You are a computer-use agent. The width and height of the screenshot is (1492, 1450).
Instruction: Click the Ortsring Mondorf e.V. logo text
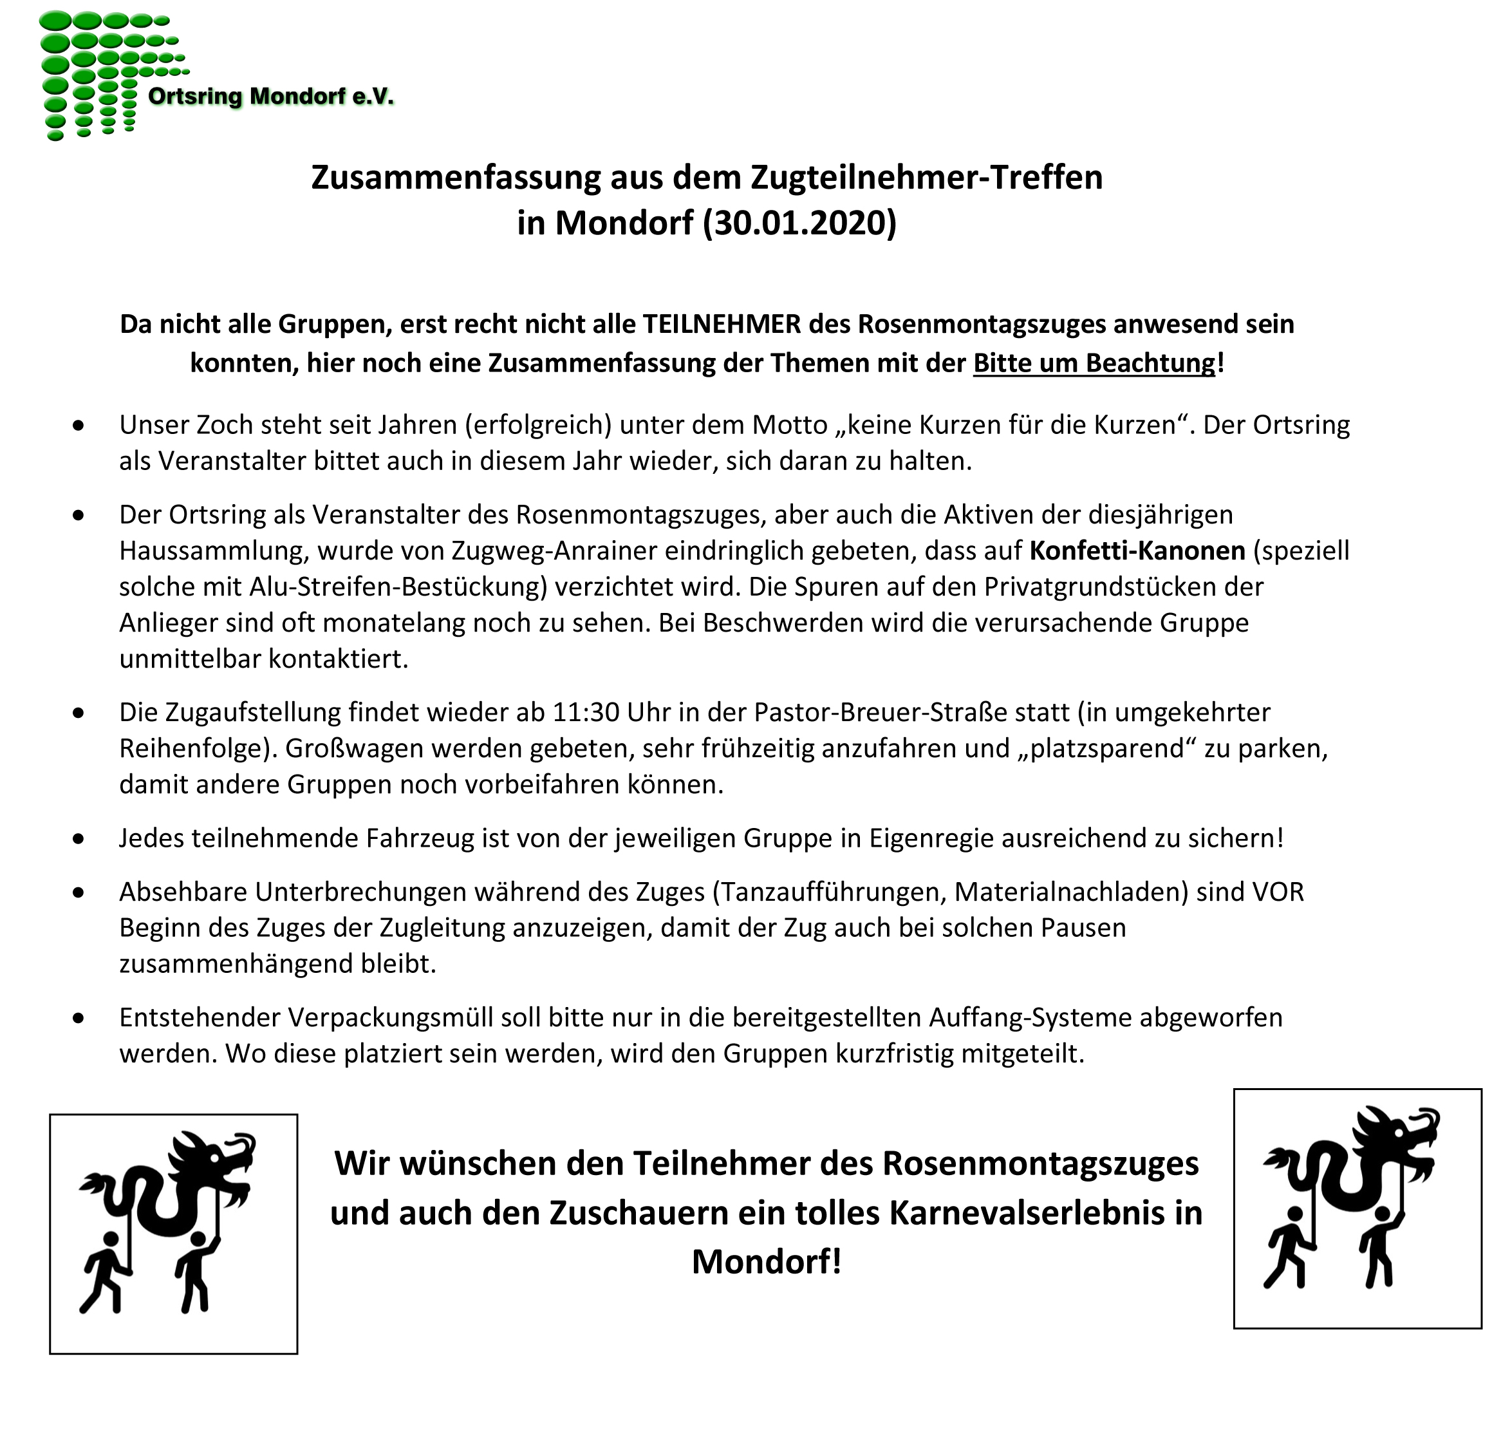(x=271, y=97)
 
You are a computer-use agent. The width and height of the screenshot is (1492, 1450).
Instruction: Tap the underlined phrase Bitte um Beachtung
(x=1094, y=362)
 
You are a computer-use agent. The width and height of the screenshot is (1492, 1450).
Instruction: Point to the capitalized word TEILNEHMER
(x=722, y=325)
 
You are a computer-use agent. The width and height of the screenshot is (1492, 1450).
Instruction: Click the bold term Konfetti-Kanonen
(x=1137, y=551)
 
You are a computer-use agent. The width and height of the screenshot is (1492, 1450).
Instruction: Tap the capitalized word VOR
(x=1278, y=892)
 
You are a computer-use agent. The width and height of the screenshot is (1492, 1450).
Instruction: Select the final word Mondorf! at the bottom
(x=767, y=1262)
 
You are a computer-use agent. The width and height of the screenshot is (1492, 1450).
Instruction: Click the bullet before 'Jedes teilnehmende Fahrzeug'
(x=79, y=839)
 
